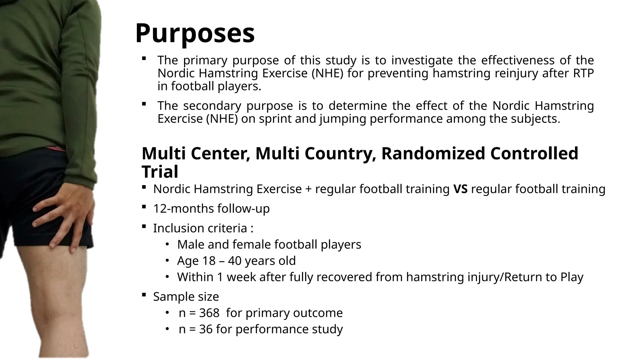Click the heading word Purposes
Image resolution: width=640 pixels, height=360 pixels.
pyautogui.click(x=195, y=33)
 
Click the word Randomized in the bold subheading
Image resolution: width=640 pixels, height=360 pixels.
pyautogui.click(x=433, y=153)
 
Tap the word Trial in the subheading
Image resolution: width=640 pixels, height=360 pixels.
pyautogui.click(x=160, y=172)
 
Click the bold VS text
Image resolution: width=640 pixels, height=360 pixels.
pyautogui.click(x=460, y=189)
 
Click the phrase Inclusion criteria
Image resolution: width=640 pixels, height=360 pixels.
pyautogui.click(x=200, y=228)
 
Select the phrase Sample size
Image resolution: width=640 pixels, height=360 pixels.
pyautogui.click(x=186, y=297)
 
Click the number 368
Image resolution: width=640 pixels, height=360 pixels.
pyautogui.click(x=209, y=313)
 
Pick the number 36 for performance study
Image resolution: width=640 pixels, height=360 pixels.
pyautogui.click(x=205, y=329)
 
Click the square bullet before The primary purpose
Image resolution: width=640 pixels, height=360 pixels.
pyautogui.click(x=144, y=58)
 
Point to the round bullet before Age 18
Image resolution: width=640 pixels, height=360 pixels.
pyautogui.click(x=167, y=260)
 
